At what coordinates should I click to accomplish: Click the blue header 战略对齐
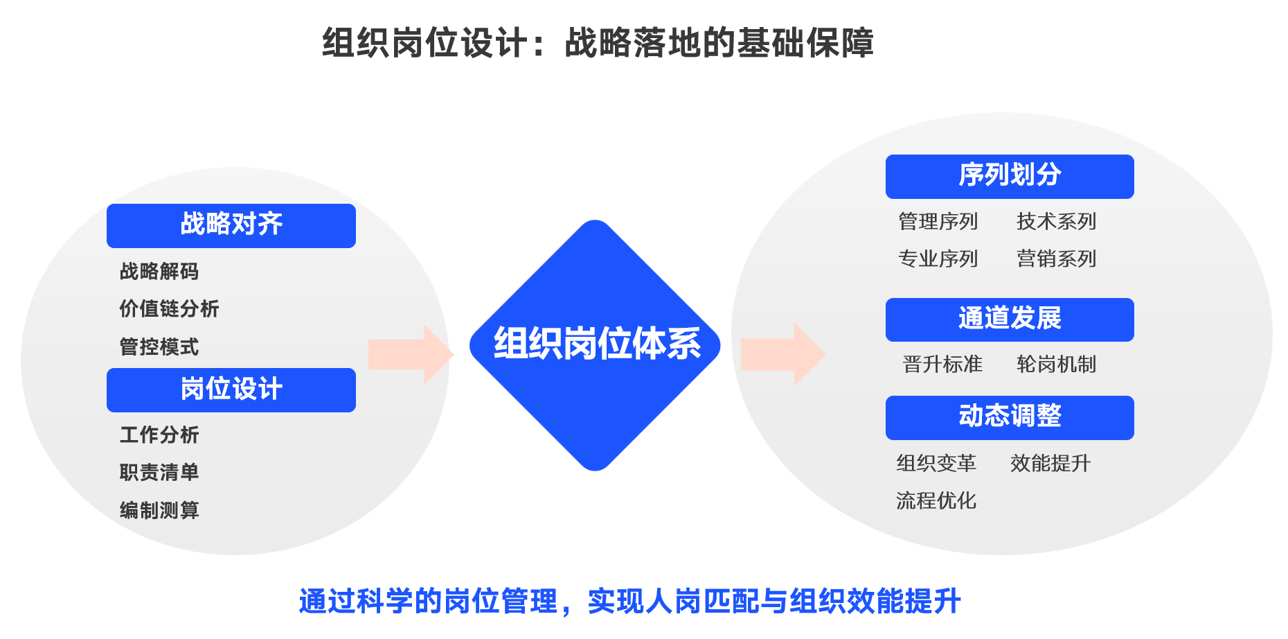click(231, 225)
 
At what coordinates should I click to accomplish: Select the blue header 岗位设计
click(231, 389)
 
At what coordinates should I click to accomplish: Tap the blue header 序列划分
click(1009, 176)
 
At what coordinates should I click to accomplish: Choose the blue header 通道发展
click(1009, 319)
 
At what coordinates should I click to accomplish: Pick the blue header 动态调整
click(1009, 417)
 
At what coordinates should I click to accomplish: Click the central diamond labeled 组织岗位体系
click(596, 345)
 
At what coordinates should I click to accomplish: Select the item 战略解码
click(159, 271)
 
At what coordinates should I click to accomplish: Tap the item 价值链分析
click(169, 308)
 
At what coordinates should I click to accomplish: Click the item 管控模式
click(159, 347)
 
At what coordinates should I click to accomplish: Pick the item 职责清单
click(159, 473)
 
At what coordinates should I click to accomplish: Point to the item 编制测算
click(159, 510)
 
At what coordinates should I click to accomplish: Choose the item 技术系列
click(1056, 222)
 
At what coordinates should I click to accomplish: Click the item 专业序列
click(938, 259)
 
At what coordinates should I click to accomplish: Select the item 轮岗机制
click(1056, 365)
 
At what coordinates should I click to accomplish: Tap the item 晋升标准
click(942, 365)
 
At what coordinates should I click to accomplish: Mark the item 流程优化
click(936, 500)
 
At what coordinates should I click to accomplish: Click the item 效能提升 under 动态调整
click(1050, 463)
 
